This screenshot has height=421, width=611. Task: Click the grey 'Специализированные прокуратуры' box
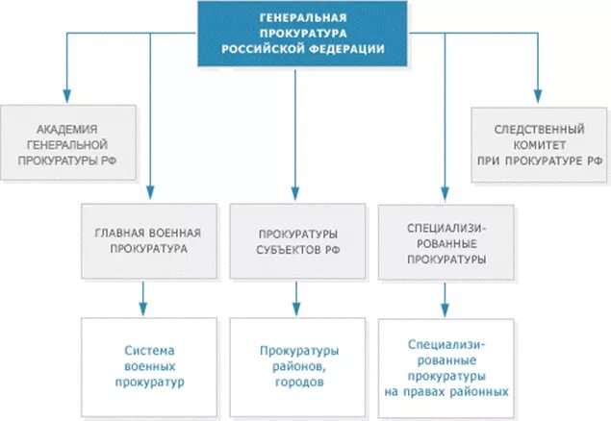click(445, 240)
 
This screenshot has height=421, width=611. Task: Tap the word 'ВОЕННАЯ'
click(167, 233)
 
